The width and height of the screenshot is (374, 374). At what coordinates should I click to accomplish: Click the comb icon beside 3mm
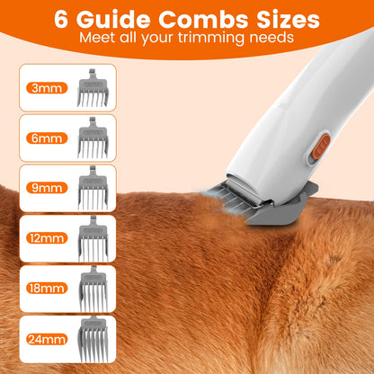coord(92,88)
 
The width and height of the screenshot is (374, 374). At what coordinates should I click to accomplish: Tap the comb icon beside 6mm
coord(92,138)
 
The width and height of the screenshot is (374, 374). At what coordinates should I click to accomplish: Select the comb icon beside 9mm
coord(92,189)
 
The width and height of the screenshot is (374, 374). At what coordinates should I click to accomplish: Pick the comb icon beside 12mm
coord(92,239)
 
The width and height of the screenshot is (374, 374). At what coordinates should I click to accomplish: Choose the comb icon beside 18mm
coord(92,289)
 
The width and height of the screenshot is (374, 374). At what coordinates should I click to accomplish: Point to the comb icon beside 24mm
coord(92,340)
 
